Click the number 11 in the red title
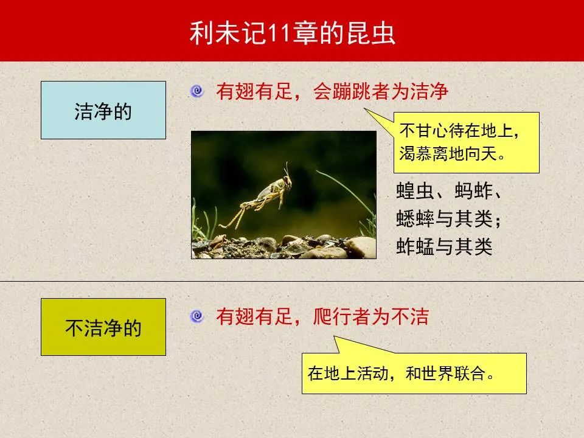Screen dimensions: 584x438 pos(279,33)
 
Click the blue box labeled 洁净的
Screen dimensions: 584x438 pos(103,110)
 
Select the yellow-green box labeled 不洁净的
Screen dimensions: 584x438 pos(103,327)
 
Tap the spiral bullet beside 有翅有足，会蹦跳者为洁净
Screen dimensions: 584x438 pos(197,91)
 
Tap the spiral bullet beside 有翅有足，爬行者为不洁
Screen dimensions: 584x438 pos(197,316)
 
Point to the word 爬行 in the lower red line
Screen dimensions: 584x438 pos(333,316)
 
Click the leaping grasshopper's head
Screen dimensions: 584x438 pos(287,182)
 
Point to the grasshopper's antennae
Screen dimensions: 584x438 pos(287,169)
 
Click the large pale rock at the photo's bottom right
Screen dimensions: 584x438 pos(360,248)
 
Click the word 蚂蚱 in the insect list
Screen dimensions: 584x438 pos(473,191)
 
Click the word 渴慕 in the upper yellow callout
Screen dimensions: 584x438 pos(415,153)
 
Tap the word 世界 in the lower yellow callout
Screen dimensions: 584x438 pos(437,373)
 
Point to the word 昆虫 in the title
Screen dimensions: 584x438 pos(371,33)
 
